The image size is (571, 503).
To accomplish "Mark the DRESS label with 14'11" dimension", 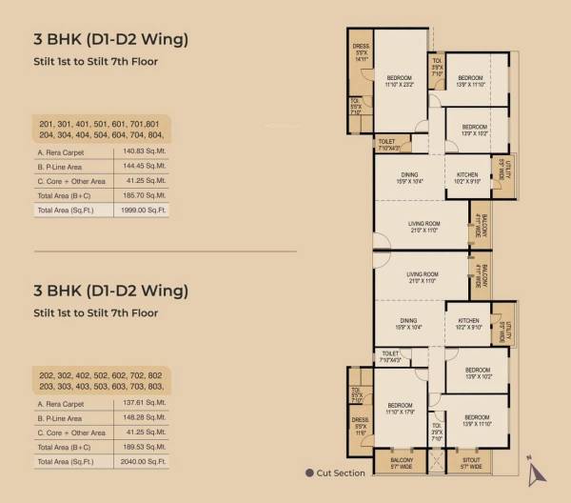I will [360, 52].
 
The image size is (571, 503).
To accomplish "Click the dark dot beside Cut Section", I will [309, 473].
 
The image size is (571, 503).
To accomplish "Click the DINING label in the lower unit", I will [408, 324].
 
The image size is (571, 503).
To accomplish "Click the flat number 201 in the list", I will [47, 124].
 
